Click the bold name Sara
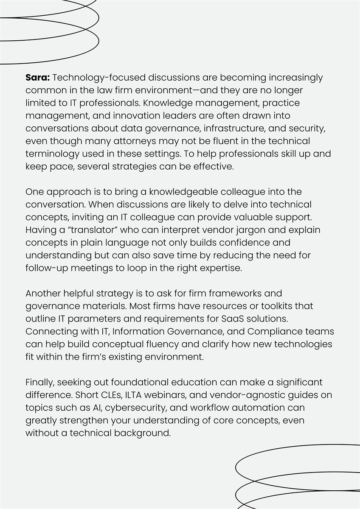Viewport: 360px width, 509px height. point(38,78)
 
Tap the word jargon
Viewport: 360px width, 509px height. point(220,230)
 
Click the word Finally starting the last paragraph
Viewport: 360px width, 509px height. point(39,383)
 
